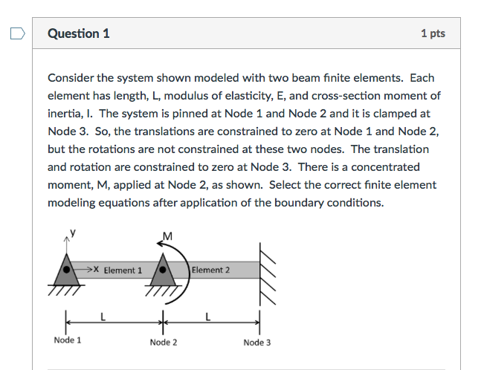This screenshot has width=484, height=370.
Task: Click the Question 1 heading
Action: [x=78, y=33]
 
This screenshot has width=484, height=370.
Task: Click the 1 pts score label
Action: [x=432, y=33]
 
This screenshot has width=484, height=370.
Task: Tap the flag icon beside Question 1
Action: [x=17, y=33]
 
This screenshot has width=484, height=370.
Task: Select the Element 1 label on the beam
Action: [x=123, y=270]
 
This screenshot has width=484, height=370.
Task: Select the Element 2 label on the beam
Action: [x=211, y=270]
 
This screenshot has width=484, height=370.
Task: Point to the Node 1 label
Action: [x=68, y=340]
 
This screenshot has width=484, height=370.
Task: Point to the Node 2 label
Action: [x=164, y=342]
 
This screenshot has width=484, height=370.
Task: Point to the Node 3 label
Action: [x=257, y=342]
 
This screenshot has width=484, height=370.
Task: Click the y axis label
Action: [x=73, y=233]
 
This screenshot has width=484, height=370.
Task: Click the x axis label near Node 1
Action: [x=96, y=269]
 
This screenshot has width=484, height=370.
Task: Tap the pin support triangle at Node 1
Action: [x=68, y=275]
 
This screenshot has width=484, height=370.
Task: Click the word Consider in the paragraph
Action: [x=72, y=78]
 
